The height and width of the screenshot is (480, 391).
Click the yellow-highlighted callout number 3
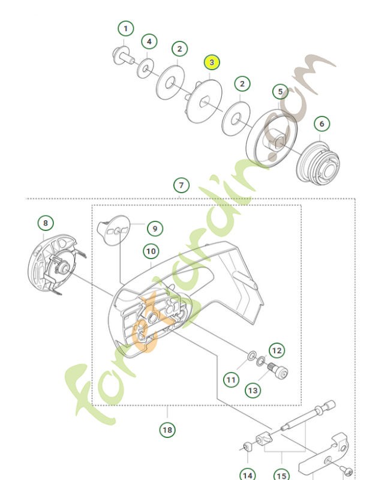(x=212, y=62)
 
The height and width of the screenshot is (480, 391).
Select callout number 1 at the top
(x=125, y=28)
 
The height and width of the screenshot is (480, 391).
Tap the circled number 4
(x=149, y=42)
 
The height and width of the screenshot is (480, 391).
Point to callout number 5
(x=280, y=92)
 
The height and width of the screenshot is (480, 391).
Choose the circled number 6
(x=321, y=124)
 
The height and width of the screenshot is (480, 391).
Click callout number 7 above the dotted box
(x=181, y=185)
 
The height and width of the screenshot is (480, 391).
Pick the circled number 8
(x=45, y=223)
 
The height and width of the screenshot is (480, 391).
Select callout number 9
(x=154, y=229)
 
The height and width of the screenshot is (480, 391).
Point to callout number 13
(x=253, y=391)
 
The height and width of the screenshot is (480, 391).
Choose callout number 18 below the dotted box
(x=167, y=430)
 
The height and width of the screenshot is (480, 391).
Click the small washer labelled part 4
(x=145, y=69)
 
